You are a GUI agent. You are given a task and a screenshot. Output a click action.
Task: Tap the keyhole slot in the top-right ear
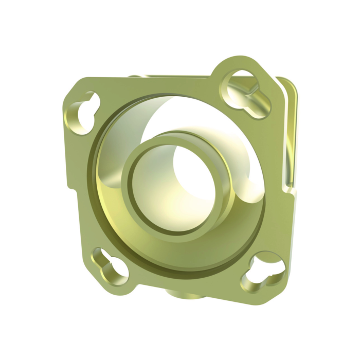246,92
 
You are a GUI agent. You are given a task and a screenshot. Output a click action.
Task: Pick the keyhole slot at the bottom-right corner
263,271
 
